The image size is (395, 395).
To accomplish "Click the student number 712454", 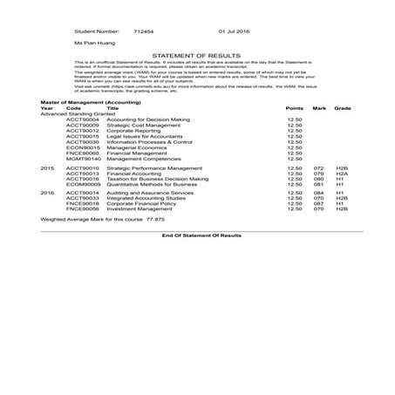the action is point(144,28).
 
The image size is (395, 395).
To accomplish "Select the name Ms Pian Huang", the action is point(93,41).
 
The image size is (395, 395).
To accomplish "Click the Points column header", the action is point(294,107).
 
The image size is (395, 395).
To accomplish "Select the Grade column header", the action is point(343,107).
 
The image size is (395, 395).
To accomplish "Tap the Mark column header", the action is point(319,107).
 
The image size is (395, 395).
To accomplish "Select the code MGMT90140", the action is point(83,159).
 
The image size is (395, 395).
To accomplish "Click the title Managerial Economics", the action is point(137,147).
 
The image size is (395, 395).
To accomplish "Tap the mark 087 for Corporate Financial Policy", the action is point(318,203).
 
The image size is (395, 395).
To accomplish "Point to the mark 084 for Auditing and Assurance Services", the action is point(318,192).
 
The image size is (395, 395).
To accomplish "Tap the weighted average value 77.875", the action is point(131,221).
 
